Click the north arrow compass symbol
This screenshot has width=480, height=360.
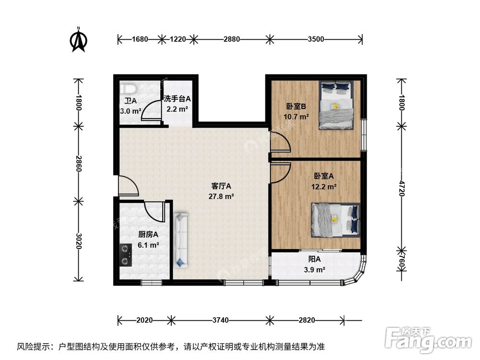point(78,41)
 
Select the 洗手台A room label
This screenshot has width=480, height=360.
point(177,99)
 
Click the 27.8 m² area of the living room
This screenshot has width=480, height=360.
point(221,196)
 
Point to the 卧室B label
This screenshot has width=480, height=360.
point(297,107)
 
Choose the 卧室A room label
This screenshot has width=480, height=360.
point(324,176)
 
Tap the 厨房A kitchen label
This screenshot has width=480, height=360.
point(148,235)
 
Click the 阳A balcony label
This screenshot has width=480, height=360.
point(315,259)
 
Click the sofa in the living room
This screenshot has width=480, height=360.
point(182,240)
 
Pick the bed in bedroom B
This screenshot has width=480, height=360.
point(337,105)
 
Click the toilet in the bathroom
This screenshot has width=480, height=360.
point(128,89)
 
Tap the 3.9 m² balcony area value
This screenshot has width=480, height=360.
point(315,270)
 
